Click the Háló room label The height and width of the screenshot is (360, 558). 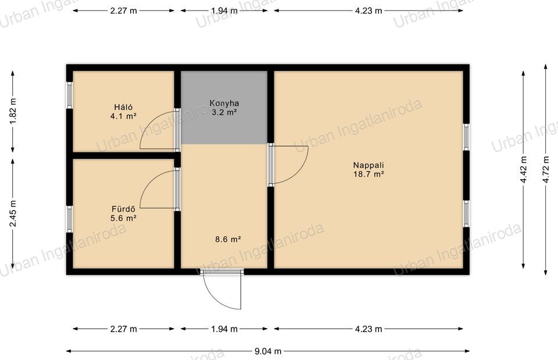tap(123, 107)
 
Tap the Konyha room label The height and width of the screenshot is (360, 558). tap(224, 104)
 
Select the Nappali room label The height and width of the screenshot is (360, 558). tap(369, 165)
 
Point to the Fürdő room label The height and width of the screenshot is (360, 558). tap(123, 209)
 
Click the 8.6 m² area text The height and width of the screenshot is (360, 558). tap(228, 239)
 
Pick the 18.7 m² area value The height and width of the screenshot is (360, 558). tap(369, 174)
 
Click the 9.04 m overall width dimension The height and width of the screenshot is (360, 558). tap(267, 351)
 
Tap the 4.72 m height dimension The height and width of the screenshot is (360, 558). tap(546, 169)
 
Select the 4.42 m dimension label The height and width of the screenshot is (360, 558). tap(523, 169)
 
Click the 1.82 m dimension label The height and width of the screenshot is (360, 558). tap(13, 111)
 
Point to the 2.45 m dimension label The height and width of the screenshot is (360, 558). tap(13, 213)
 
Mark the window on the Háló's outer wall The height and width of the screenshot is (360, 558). tap(70, 95)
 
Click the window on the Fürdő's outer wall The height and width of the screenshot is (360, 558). tap(70, 219)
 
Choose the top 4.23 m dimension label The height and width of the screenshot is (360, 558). tap(369, 10)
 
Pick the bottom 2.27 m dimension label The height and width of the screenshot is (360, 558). tap(123, 329)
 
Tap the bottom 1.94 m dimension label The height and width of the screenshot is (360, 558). tap(224, 329)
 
